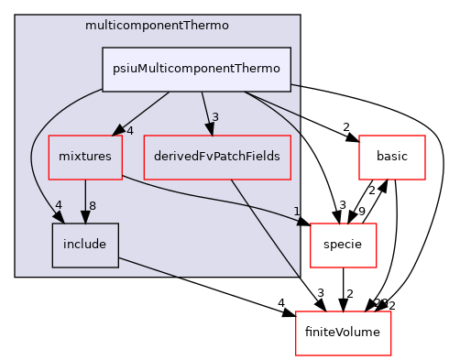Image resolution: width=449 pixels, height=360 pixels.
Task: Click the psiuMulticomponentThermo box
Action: pos(197,70)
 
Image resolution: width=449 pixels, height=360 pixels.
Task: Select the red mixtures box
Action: pos(84,157)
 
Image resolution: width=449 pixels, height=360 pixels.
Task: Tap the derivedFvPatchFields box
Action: pos(217,157)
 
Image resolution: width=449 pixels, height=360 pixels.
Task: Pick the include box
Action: pos(84,245)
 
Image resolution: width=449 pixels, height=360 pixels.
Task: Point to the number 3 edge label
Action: pos(214,116)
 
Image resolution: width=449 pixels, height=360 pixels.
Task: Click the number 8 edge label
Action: pos(93,204)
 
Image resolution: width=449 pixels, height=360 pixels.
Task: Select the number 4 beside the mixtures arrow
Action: pos(130,130)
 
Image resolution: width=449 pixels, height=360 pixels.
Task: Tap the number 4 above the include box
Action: pos(59,203)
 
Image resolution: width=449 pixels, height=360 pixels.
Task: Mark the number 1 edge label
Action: pos(297,211)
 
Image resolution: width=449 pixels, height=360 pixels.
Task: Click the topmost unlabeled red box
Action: pos(391,157)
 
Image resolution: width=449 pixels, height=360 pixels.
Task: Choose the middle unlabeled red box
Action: pos(344,245)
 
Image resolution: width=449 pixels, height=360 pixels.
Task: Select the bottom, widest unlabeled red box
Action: pos(343,333)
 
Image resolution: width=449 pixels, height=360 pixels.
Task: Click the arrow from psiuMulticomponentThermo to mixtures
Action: pos(145,112)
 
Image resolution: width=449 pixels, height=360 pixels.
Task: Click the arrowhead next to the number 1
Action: pos(300,220)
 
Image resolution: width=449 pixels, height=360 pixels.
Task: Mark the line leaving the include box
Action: pos(147,267)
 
